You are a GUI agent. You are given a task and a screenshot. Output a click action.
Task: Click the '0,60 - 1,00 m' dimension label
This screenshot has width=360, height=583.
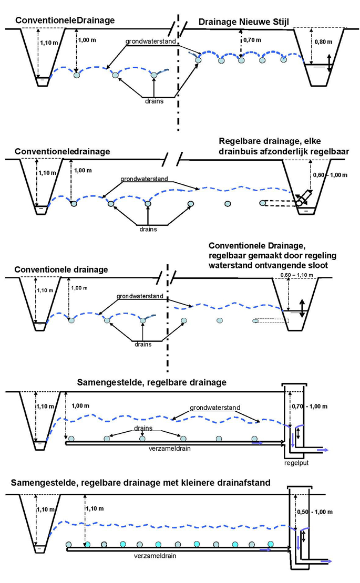point(330,174)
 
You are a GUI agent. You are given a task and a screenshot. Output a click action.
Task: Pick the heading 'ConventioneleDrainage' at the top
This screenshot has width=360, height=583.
point(65,20)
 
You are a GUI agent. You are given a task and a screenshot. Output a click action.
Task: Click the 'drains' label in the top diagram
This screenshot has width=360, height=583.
point(155,100)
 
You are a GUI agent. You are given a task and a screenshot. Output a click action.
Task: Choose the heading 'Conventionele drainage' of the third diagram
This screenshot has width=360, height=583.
point(61,269)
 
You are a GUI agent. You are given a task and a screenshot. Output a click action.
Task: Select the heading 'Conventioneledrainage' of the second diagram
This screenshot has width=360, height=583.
point(63,151)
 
